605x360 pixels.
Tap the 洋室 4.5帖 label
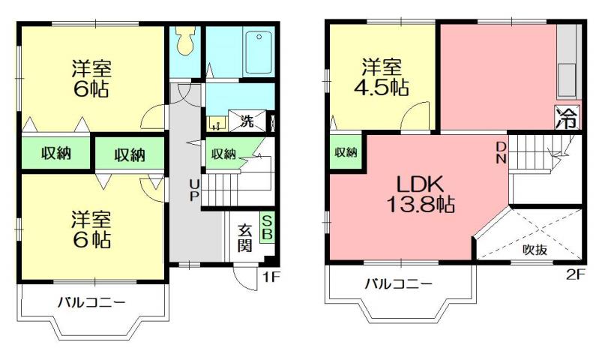click(382, 76)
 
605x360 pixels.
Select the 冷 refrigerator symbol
click(568, 118)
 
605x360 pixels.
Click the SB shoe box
click(266, 228)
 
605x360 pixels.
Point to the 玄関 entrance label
click(245, 238)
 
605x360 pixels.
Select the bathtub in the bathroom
click(258, 52)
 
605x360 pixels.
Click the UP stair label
click(193, 190)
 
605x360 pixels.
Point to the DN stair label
click(501, 152)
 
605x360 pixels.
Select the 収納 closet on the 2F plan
click(346, 152)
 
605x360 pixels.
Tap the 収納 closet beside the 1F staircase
click(223, 154)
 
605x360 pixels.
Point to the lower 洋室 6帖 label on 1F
click(91, 229)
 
